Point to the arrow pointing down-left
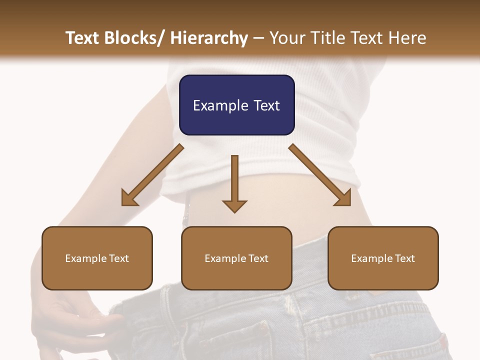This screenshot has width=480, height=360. pos(152,175)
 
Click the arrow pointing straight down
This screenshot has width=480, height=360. pos(234,182)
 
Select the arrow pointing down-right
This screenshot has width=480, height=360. pos(320,175)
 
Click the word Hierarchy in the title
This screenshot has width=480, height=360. pos(208,38)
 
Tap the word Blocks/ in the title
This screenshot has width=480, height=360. pos(139,38)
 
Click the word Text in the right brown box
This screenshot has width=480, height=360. pos(404,258)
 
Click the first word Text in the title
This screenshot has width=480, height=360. pos(83,38)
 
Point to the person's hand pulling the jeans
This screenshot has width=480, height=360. pos(75,315)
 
